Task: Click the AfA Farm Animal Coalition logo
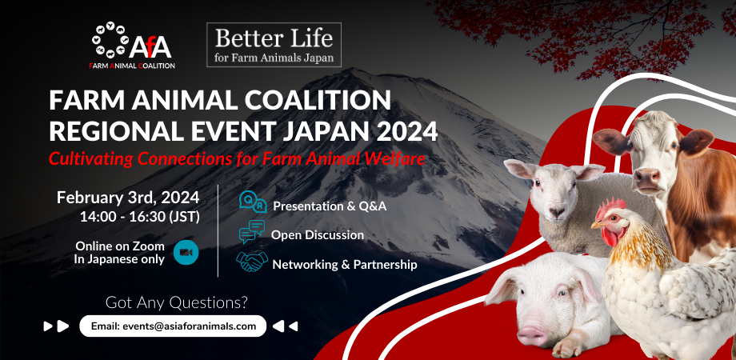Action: point(132,46)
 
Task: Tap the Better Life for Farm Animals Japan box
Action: point(274,45)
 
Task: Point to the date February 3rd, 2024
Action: point(128,198)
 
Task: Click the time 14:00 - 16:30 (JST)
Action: point(140,218)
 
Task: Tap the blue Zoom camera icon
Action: point(186,253)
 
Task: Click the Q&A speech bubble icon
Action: point(253,202)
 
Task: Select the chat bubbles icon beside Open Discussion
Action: point(251,232)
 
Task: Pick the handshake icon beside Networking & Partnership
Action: point(252,262)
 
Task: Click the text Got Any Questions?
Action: point(176,302)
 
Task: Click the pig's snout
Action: point(532,334)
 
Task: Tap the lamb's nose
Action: point(556,212)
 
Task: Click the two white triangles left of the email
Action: point(56,326)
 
